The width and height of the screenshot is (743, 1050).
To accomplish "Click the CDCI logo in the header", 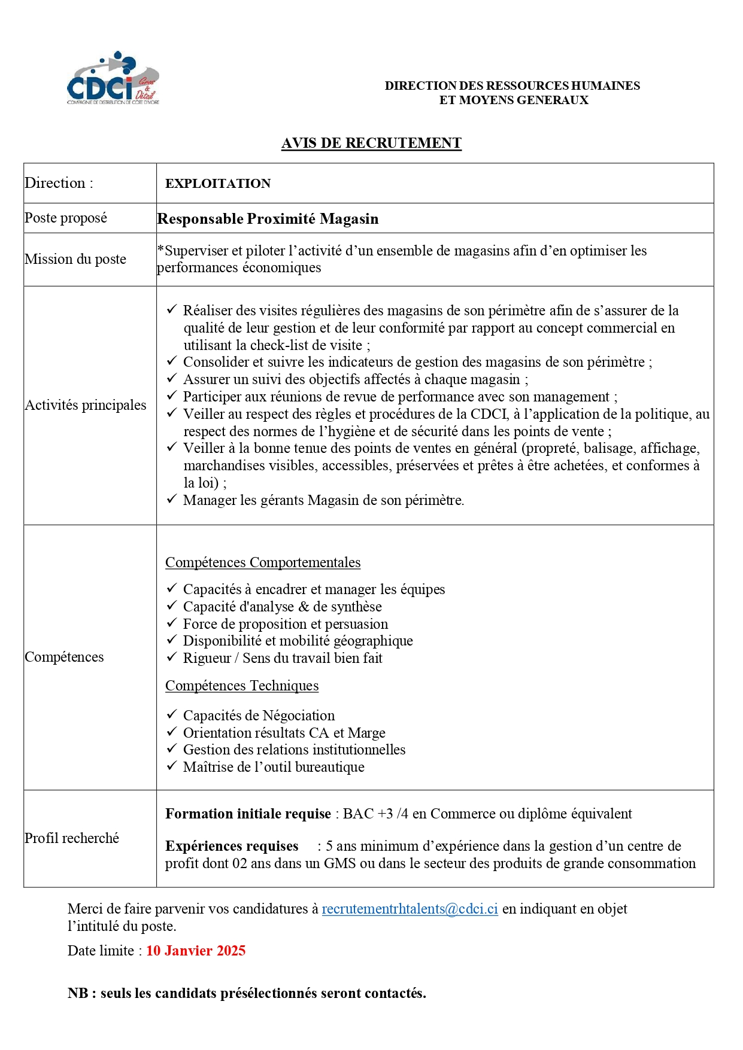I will pos(113,80).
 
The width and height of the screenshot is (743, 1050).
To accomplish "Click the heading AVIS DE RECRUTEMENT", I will pos(371,143).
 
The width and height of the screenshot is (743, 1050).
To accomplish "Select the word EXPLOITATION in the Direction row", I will pos(218,184).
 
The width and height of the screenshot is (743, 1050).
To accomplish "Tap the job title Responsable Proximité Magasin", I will pos(268,219).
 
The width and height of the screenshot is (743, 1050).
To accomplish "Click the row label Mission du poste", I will pos(75,259).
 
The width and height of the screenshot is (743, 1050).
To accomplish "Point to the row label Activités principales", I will pos(86,405).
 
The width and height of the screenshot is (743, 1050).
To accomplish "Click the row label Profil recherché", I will pos(72,838).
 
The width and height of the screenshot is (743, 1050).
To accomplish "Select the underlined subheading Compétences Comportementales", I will pos(263,562).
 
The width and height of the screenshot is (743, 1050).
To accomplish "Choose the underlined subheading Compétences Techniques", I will pos(242,686).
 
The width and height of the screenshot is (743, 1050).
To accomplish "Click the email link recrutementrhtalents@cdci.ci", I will pos(410,909).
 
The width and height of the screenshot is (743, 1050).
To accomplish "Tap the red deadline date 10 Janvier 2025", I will pos(196,951).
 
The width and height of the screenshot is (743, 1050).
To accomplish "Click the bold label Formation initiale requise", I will pos(248,814).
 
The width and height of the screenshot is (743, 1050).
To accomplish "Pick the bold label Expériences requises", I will pos(232,846).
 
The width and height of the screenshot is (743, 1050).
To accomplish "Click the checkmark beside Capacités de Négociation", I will pos(172,714).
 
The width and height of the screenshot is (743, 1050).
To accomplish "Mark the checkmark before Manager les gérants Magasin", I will pos(172,499).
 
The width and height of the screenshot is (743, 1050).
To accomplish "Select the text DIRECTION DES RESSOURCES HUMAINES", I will pos(512,86).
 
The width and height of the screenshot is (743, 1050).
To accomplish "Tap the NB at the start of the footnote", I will pos(78,993).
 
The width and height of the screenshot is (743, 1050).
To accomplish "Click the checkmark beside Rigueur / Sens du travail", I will pos(172,657).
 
